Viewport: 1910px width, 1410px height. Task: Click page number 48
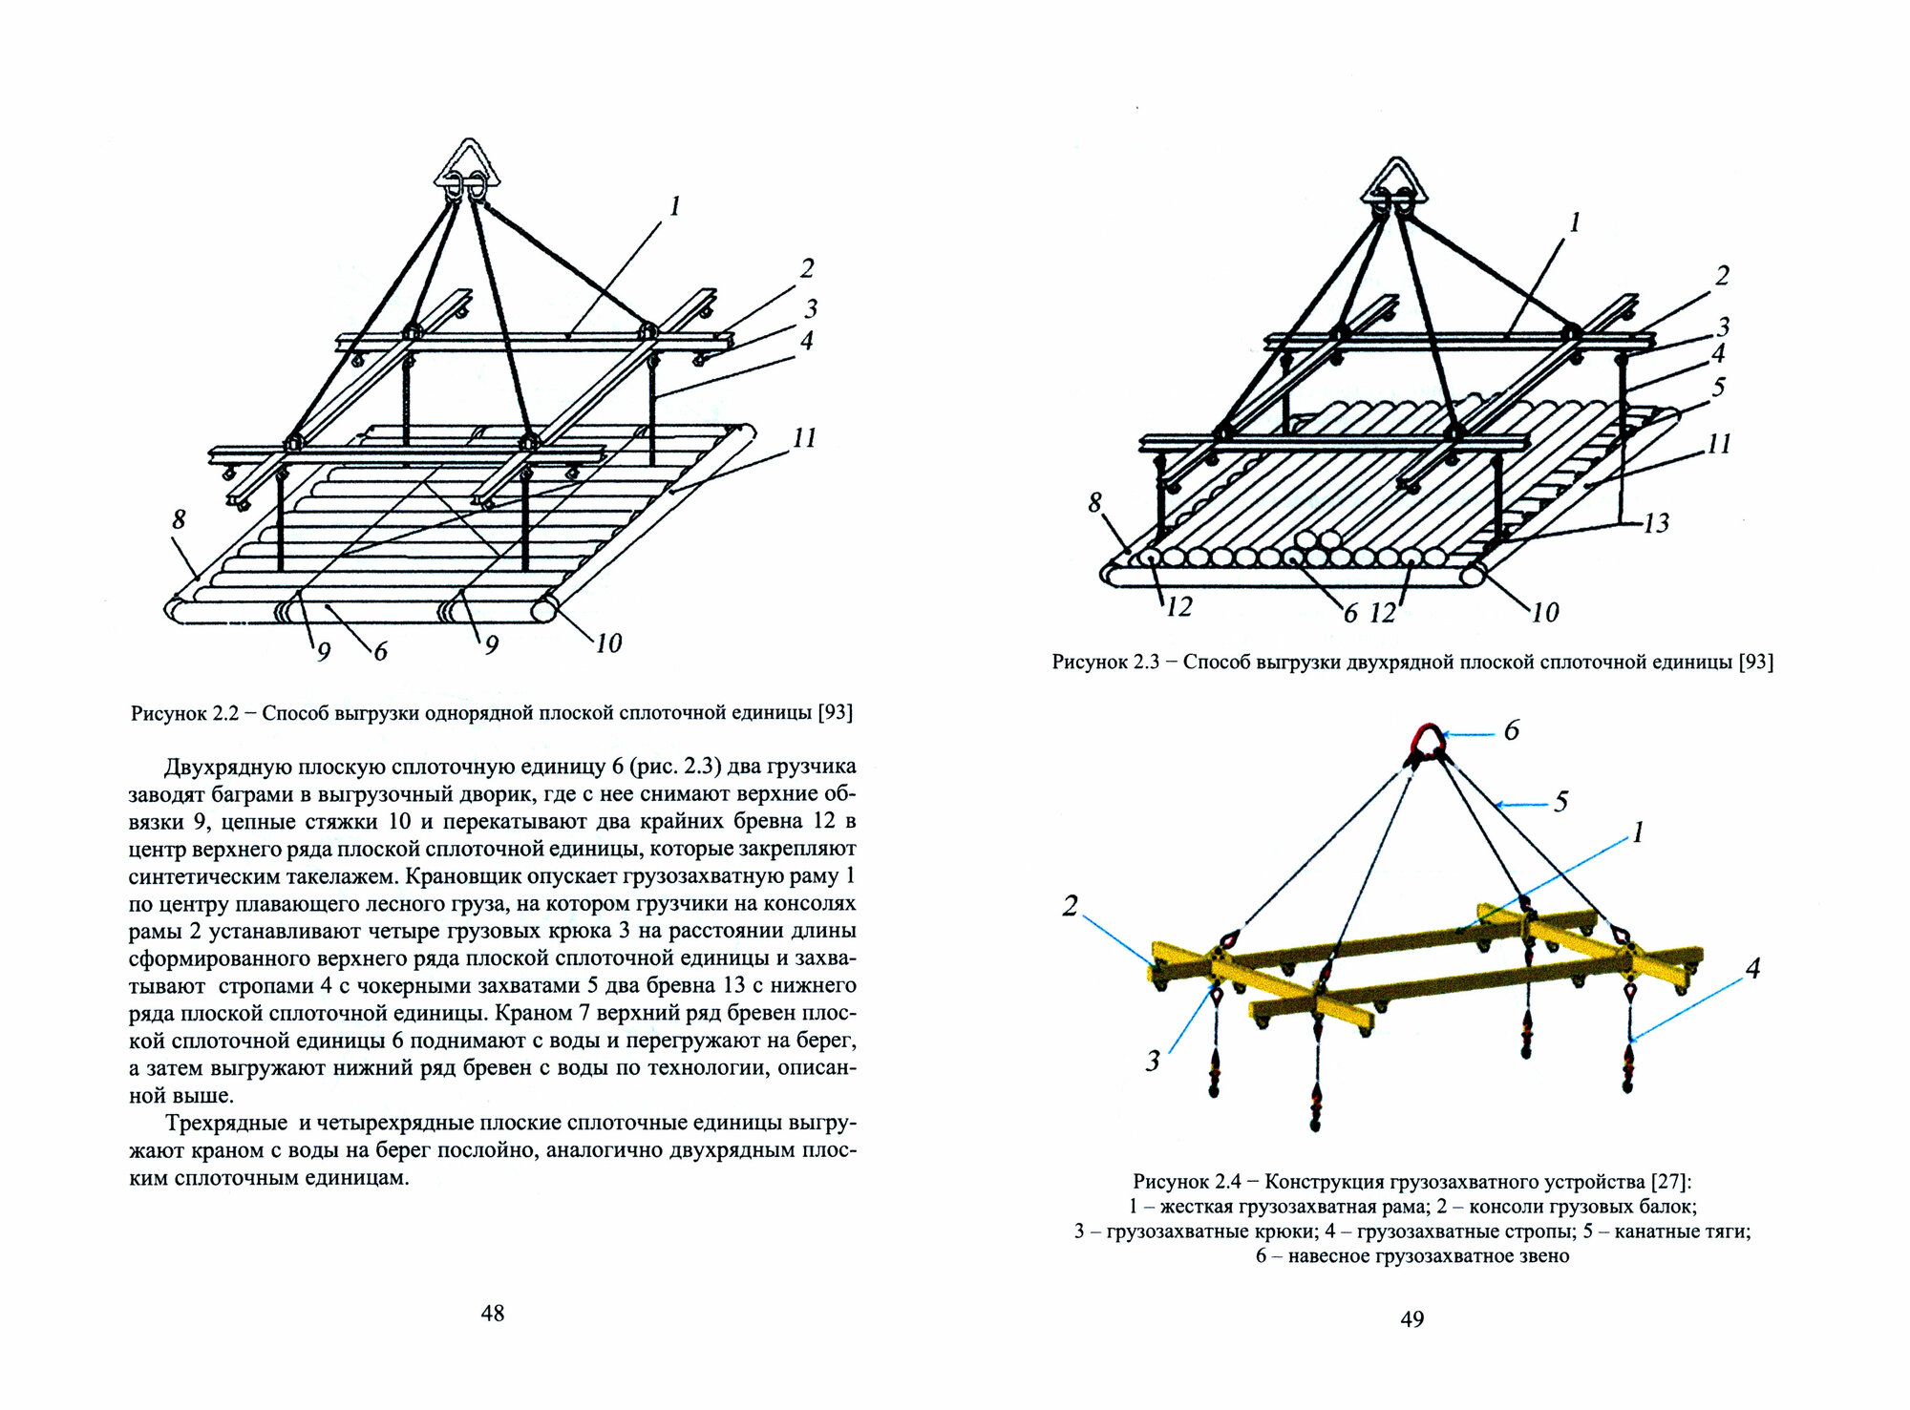[x=492, y=1314]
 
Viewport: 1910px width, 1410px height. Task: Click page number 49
[x=1411, y=1319]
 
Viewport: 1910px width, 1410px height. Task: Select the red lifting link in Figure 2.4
[x=1428, y=743]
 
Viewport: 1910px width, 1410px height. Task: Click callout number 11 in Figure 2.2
[x=804, y=438]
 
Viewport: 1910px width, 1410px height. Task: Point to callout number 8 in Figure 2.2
[x=179, y=519]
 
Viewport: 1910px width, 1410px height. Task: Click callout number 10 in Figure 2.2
[x=608, y=643]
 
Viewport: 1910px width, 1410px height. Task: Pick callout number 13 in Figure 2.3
[x=1656, y=523]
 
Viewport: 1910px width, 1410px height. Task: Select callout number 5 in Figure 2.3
[x=1719, y=387]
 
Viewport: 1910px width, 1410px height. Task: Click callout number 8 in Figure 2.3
[x=1094, y=502]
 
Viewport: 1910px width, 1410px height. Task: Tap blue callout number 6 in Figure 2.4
[x=1511, y=731]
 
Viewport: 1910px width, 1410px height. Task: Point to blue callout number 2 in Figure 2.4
[x=1070, y=906]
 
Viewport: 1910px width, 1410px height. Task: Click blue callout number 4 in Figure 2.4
[x=1752, y=969]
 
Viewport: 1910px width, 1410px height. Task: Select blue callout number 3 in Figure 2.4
[x=1153, y=1061]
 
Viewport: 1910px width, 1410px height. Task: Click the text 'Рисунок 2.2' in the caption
[x=184, y=713]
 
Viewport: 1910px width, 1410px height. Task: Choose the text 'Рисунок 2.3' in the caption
[x=1105, y=663]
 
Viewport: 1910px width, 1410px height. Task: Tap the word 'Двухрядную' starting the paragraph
[x=223, y=767]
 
